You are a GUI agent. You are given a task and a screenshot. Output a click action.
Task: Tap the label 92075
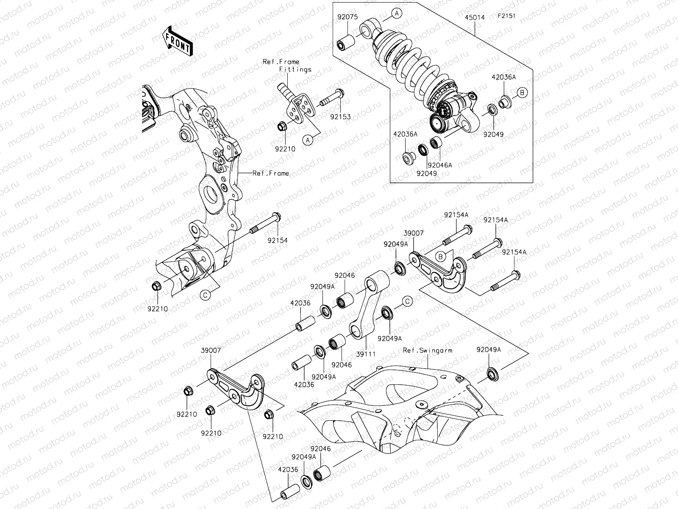(x=347, y=18)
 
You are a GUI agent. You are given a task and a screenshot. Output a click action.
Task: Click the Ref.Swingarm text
(x=428, y=350)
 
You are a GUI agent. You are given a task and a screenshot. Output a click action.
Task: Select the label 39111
(x=365, y=353)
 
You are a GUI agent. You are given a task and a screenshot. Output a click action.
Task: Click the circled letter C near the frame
(x=204, y=296)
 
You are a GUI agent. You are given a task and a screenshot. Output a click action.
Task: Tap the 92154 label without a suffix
(x=278, y=241)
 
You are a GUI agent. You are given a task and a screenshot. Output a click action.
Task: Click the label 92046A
(x=439, y=165)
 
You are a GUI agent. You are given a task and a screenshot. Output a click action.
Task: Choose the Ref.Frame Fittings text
(x=287, y=65)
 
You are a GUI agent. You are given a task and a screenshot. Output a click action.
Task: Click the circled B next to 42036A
(x=522, y=92)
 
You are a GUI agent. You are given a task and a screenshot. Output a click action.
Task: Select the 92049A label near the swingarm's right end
(x=489, y=350)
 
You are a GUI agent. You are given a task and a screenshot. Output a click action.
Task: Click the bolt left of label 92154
(x=265, y=224)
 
